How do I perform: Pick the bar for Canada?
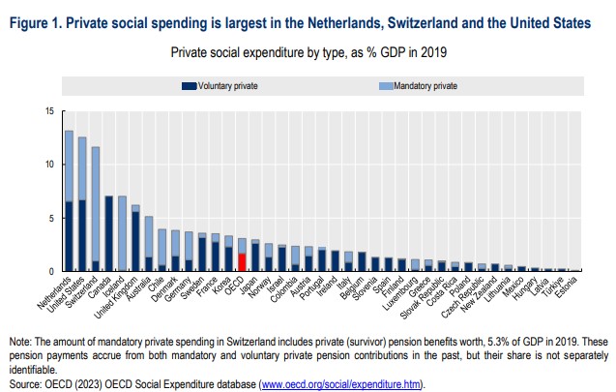pos(108,233)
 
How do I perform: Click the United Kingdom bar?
pos(135,238)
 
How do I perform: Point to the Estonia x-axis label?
pos(571,285)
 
